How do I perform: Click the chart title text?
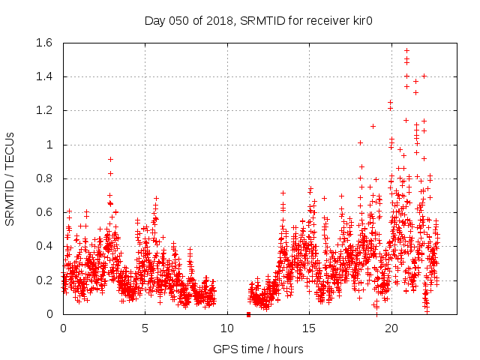[259, 20]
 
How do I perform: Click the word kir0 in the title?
[361, 20]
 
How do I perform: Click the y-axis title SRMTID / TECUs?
[10, 178]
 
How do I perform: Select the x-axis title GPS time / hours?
[259, 349]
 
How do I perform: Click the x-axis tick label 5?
[145, 328]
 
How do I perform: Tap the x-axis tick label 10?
[227, 328]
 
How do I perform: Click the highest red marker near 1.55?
[406, 50]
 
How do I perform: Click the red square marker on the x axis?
[248, 313]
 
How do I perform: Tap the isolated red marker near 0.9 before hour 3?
[110, 159]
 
